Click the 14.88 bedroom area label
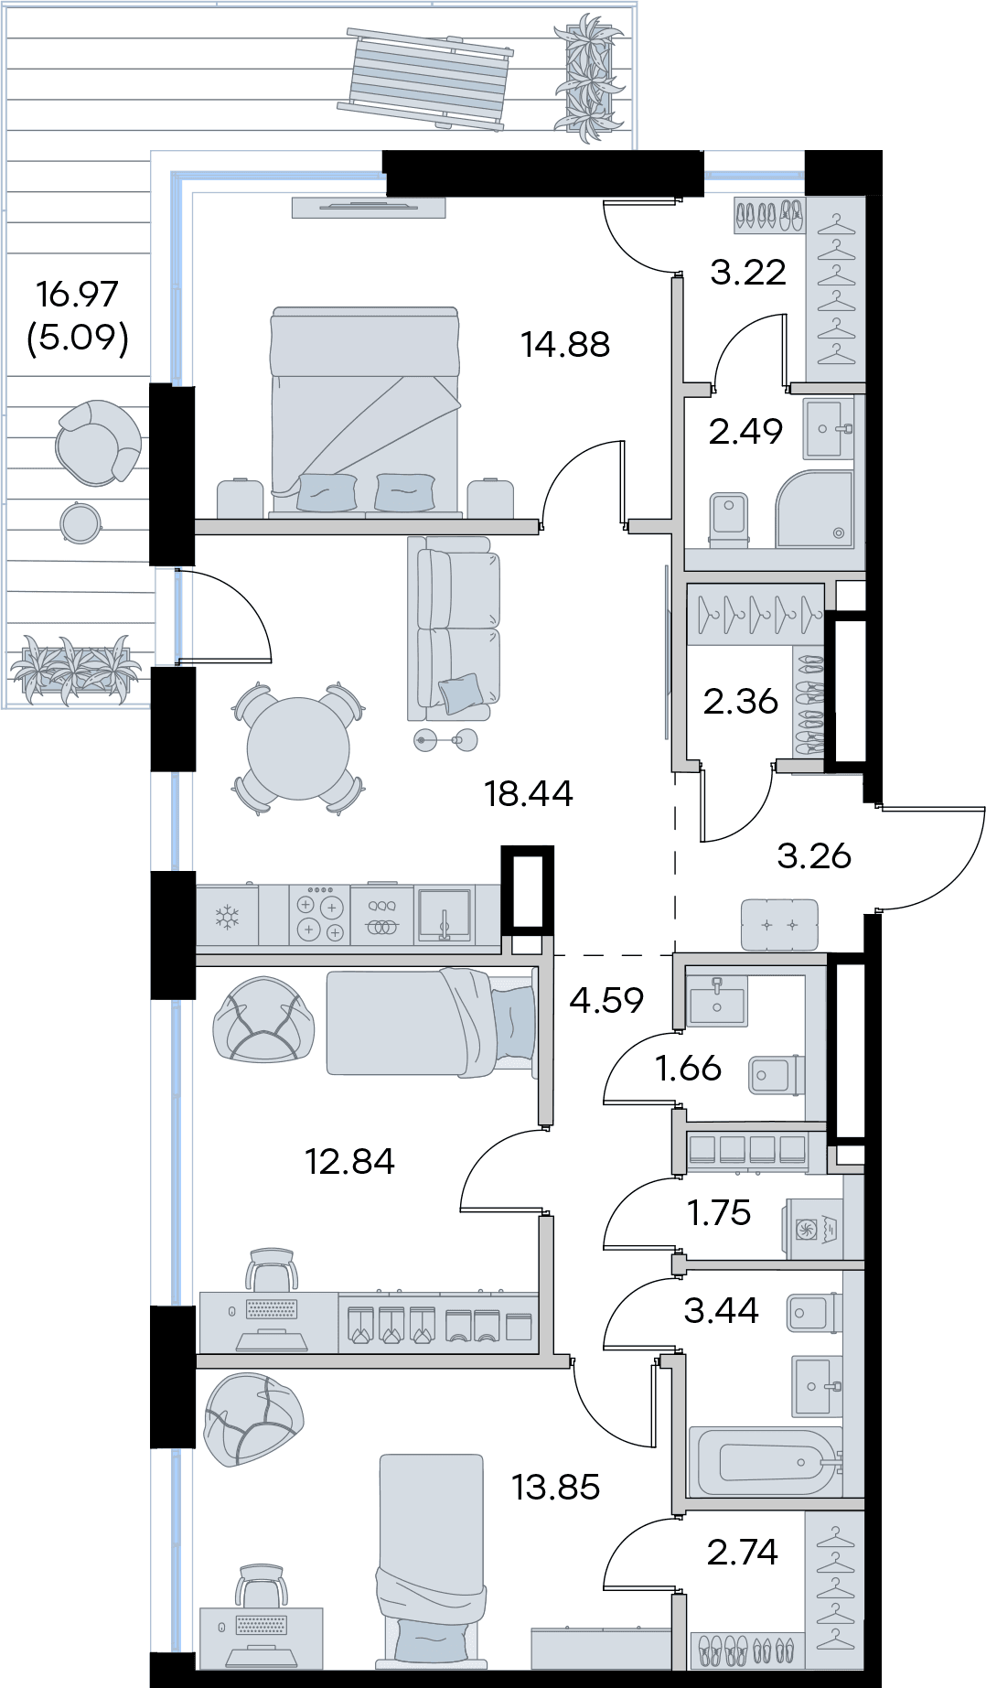pos(564,345)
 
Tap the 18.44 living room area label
pos(529,793)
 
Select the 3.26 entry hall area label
pos(813,856)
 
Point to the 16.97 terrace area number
pos(77,295)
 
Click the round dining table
pos(298,747)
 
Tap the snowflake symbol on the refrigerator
pos(227,916)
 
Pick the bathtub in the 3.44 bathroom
pos(766,1462)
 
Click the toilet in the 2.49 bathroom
pos(729,519)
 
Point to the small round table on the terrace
pos(79,523)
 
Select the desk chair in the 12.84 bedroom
pos(271,1272)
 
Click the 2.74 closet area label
pos(742,1552)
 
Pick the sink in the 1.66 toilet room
pos(717,999)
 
